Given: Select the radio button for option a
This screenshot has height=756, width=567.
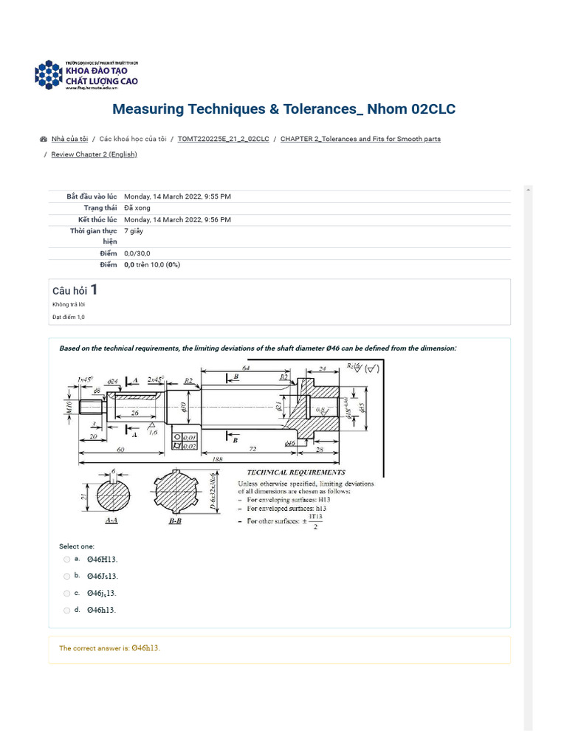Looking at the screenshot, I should pyautogui.click(x=67, y=560).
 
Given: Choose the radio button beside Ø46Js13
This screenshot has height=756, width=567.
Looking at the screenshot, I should pyautogui.click(x=67, y=577).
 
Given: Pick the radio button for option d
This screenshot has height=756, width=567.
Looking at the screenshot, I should pyautogui.click(x=67, y=611).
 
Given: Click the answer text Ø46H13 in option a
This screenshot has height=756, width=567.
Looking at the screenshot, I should pyautogui.click(x=102, y=560).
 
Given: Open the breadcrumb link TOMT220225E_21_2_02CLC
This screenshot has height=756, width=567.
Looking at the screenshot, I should pyautogui.click(x=223, y=139).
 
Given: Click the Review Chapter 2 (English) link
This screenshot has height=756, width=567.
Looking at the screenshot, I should pyautogui.click(x=94, y=154).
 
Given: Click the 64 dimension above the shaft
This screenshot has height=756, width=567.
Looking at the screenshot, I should pyautogui.click(x=245, y=367).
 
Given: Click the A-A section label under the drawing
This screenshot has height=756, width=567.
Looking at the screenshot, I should pyautogui.click(x=113, y=520).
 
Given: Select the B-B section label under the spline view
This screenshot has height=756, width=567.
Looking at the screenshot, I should pyautogui.click(x=176, y=520).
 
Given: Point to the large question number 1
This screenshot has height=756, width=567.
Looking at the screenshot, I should pyautogui.click(x=94, y=289).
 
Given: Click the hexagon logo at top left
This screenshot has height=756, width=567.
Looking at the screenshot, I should pyautogui.click(x=49, y=74).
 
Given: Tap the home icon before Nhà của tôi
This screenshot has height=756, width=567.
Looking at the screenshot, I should pyautogui.click(x=44, y=139).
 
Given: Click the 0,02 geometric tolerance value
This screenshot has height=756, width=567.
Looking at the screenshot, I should pyautogui.click(x=190, y=446).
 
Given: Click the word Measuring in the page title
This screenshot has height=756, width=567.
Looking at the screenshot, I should pyautogui.click(x=148, y=109).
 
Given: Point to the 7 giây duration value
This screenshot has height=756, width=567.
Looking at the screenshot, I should pyautogui.click(x=134, y=231).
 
